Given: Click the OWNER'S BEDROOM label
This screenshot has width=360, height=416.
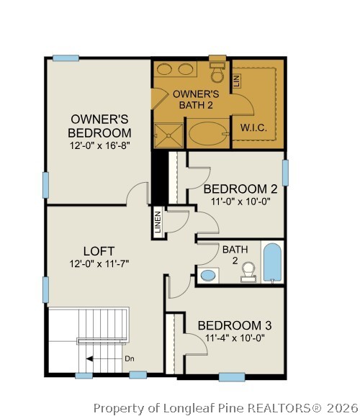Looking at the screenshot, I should coord(100,126).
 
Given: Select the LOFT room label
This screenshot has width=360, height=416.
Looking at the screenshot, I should coord(99,250).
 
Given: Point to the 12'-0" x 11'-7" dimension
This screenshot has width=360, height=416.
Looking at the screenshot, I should coord(99,264).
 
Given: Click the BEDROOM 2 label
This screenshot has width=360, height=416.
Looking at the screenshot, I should coord(240,189).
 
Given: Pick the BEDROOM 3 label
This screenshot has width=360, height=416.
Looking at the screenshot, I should coord(235,325).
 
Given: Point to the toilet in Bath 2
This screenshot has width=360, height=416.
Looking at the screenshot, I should coord(248,270).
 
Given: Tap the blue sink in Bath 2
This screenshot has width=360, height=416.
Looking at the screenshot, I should coord(209,275).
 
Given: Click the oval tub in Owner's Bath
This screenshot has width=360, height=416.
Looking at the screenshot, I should coord(206,134).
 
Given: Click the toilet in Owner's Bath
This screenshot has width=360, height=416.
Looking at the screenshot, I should coord(217,73).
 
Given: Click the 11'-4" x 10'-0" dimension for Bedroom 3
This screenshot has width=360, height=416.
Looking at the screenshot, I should coord(235,338).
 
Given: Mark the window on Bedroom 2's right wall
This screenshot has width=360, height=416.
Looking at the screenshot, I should coord(285,173).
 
